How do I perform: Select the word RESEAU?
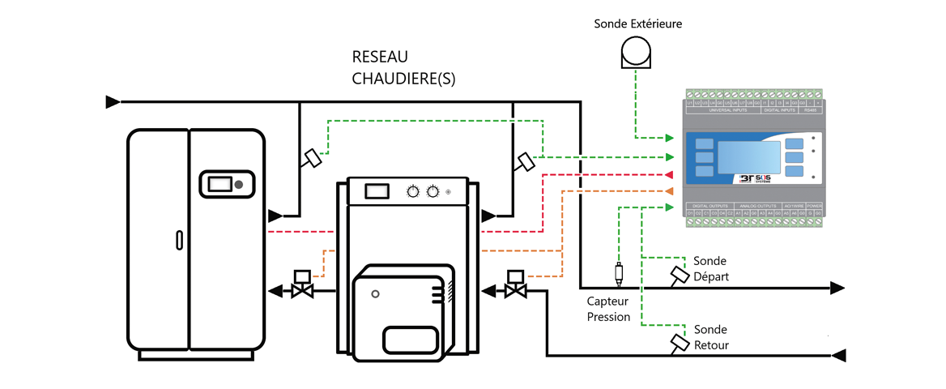pos(380,58)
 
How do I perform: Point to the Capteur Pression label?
pos(608,309)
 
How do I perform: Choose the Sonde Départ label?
pos(711,269)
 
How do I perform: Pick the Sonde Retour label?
pos(711,337)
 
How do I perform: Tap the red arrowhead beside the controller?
pos(669,175)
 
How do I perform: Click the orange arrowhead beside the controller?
pos(669,191)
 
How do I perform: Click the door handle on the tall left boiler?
pos(179,240)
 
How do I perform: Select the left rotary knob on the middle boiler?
pos(413,192)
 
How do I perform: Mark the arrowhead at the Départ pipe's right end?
pos(838,288)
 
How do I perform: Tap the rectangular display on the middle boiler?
pos(376,191)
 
